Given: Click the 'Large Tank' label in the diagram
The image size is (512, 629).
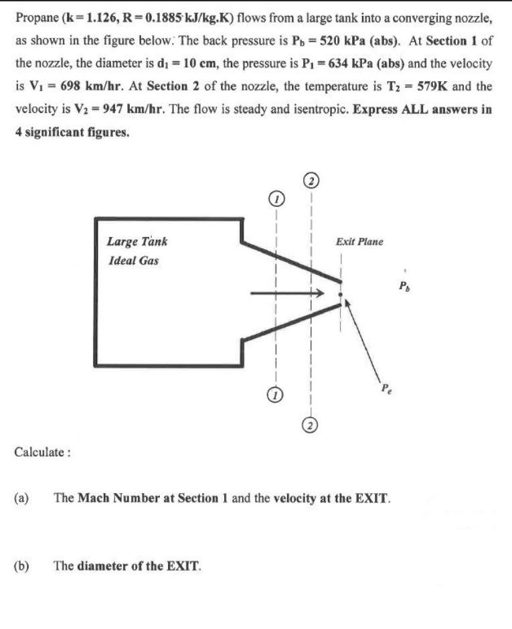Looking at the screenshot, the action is (137, 241).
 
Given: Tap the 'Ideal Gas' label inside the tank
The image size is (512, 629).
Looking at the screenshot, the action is (133, 261).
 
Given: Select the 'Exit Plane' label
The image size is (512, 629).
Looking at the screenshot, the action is (359, 241).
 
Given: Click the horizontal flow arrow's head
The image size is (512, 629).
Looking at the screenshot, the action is (320, 293).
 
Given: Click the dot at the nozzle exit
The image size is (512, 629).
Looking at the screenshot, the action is (340, 294).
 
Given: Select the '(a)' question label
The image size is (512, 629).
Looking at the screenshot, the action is (22, 498).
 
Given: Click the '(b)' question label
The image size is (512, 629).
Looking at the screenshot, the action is (22, 565).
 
